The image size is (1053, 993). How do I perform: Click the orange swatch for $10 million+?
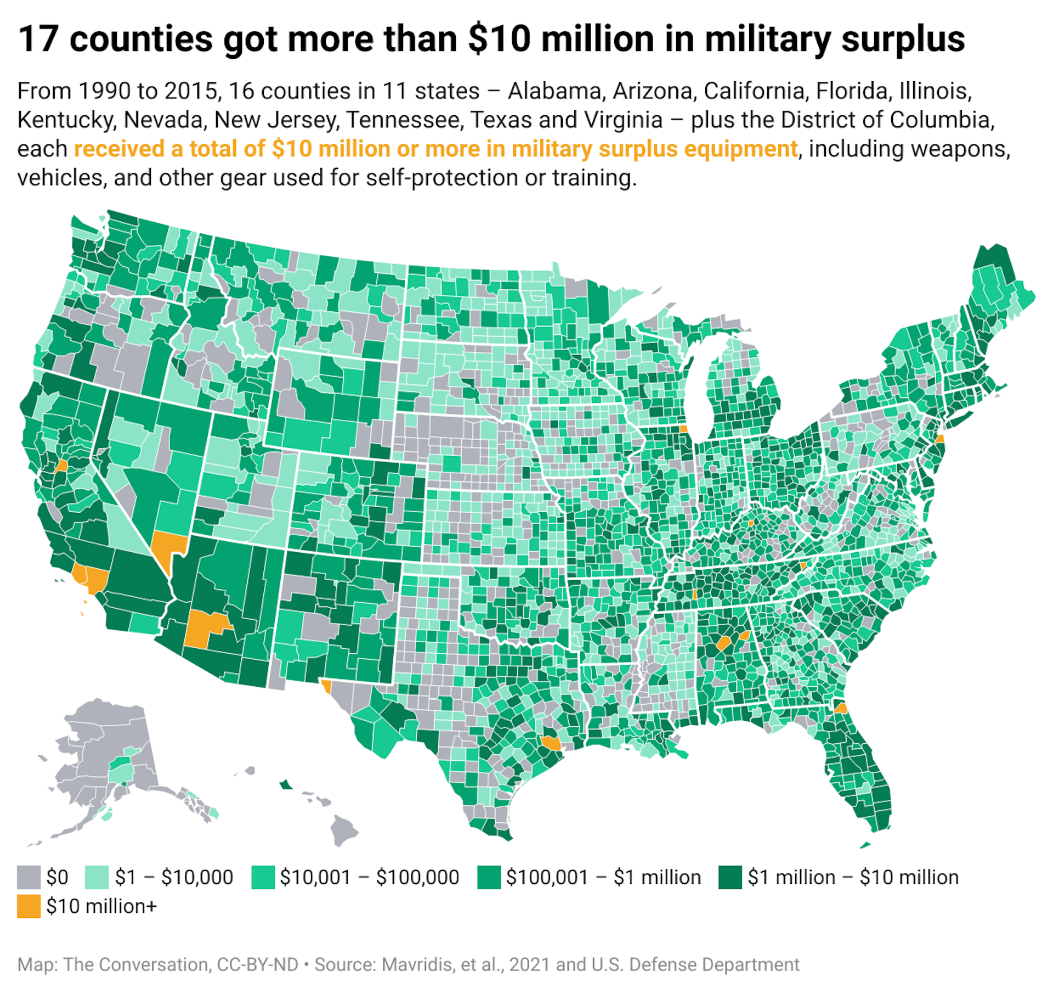(29, 906)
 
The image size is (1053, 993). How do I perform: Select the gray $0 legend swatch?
(29, 877)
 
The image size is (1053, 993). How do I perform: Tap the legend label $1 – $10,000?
(174, 877)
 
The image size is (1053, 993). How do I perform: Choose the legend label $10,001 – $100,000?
(369, 877)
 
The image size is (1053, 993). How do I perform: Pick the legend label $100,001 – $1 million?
(603, 877)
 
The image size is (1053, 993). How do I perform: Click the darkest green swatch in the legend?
(730, 877)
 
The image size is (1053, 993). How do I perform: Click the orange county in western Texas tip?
(326, 686)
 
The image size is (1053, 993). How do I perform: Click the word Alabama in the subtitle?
(554, 91)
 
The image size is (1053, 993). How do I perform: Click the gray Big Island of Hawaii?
(344, 831)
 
